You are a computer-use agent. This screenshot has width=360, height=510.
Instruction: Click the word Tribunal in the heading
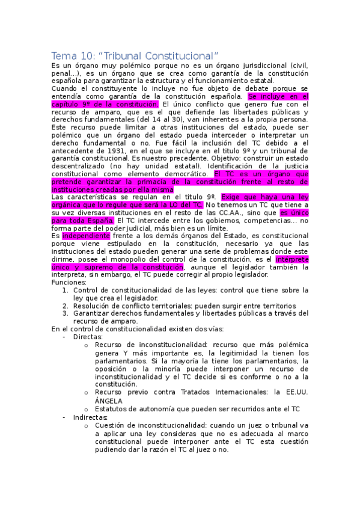tap(112, 55)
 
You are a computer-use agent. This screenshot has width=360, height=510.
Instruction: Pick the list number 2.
tap(66, 306)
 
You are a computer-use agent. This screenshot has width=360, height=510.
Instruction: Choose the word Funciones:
tap(69, 282)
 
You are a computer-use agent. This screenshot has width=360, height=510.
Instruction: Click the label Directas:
tap(87, 337)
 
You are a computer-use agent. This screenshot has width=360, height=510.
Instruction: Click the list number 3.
tap(66, 313)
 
